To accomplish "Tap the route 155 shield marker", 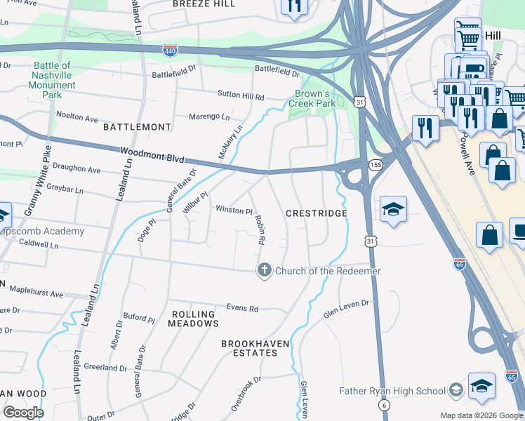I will [x=376, y=164].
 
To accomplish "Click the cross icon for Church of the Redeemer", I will [x=265, y=271].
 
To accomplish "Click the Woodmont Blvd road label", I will [x=147, y=152].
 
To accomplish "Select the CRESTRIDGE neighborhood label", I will [x=317, y=213].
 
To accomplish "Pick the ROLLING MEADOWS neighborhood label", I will [x=193, y=318].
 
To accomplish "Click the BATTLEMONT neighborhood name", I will [x=137, y=127].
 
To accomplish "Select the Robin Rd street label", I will [x=259, y=229].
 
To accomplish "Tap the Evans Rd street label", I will [x=242, y=308].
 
